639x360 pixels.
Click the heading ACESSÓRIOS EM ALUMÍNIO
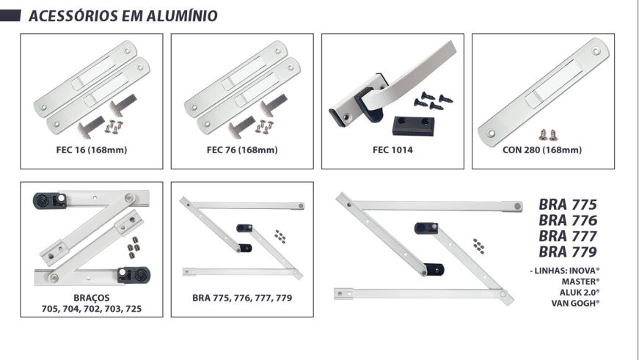(123, 16)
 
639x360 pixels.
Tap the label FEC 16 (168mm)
(92, 150)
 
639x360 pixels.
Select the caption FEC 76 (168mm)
(242, 150)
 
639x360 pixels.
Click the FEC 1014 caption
(392, 150)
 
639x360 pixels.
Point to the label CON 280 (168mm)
(542, 150)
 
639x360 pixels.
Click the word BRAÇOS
(92, 298)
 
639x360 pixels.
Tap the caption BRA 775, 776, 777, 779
(242, 298)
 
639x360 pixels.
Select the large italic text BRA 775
(568, 205)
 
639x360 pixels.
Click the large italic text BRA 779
(568, 252)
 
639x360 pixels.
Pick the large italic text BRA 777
(568, 236)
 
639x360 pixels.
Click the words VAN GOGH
(575, 303)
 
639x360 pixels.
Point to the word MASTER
(580, 282)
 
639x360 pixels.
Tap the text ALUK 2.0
(580, 293)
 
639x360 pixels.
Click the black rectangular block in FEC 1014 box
(414, 126)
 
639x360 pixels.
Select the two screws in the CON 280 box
(548, 135)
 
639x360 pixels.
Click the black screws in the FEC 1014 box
(433, 100)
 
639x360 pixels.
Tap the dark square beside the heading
(10, 16)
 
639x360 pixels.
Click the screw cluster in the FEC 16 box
(114, 127)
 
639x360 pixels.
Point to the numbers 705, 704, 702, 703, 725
(92, 309)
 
